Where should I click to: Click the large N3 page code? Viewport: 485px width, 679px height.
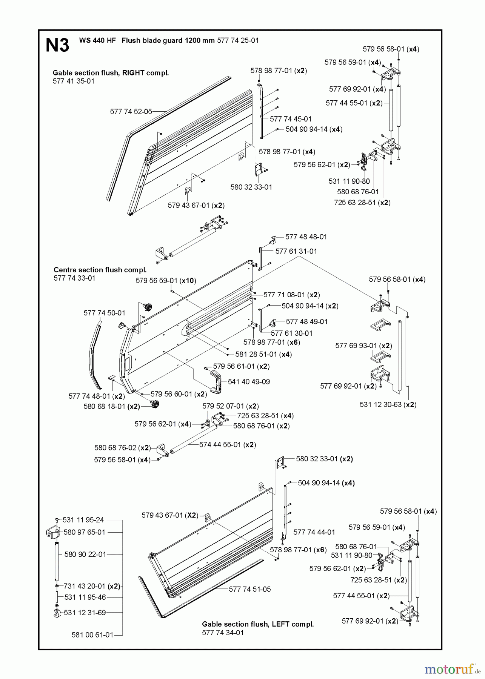[x=57, y=45]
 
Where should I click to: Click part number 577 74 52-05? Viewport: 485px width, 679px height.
[x=131, y=112]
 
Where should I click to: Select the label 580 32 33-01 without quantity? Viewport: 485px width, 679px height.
[x=251, y=187]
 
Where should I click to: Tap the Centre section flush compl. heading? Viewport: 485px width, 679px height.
[x=100, y=270]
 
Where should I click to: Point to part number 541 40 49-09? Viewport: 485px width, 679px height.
[x=249, y=382]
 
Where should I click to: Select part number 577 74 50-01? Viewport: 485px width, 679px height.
[x=104, y=313]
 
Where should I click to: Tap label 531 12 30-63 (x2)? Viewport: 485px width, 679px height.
[x=388, y=404]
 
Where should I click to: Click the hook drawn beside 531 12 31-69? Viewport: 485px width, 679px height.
[x=57, y=613]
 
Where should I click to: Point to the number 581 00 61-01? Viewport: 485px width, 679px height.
[x=92, y=635]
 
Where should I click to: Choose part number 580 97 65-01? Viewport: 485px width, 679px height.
[x=85, y=532]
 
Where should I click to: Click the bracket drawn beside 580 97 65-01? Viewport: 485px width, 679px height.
[x=53, y=533]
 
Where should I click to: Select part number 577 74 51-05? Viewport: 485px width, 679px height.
[x=250, y=589]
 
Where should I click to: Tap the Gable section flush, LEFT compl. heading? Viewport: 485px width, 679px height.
[x=258, y=624]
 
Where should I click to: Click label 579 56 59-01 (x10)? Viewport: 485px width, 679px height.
[x=166, y=281]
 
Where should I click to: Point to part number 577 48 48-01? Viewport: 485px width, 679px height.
[x=306, y=237]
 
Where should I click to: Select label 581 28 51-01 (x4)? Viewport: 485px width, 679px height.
[x=263, y=355]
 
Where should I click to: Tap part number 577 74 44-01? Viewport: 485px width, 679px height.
[x=314, y=532]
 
